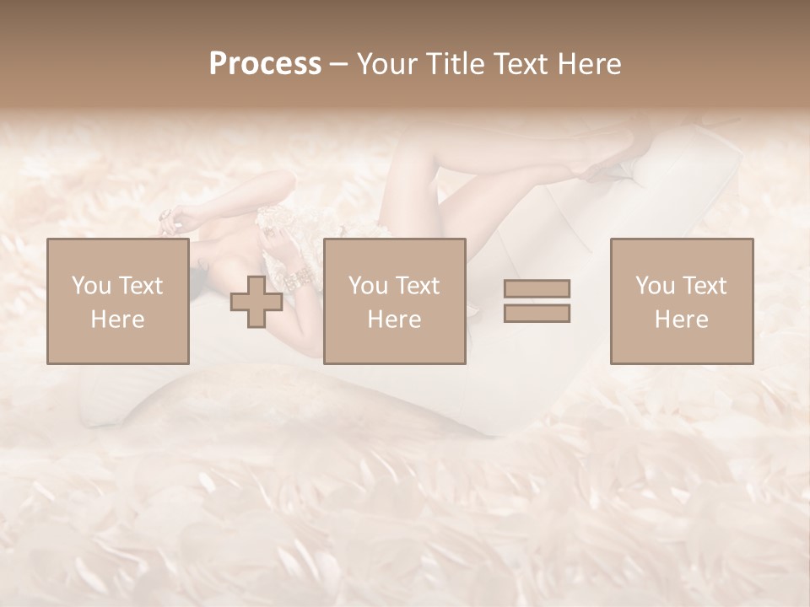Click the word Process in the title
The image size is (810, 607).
(x=265, y=63)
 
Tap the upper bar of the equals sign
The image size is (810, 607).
(x=537, y=288)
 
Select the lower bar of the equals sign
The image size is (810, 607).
(x=537, y=313)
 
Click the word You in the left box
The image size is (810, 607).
(x=92, y=286)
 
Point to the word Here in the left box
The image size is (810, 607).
(x=117, y=319)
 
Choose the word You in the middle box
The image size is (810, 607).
(x=369, y=286)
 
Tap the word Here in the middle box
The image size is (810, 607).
(x=394, y=319)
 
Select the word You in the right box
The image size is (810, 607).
(x=656, y=286)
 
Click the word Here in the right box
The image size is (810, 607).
(x=681, y=319)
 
